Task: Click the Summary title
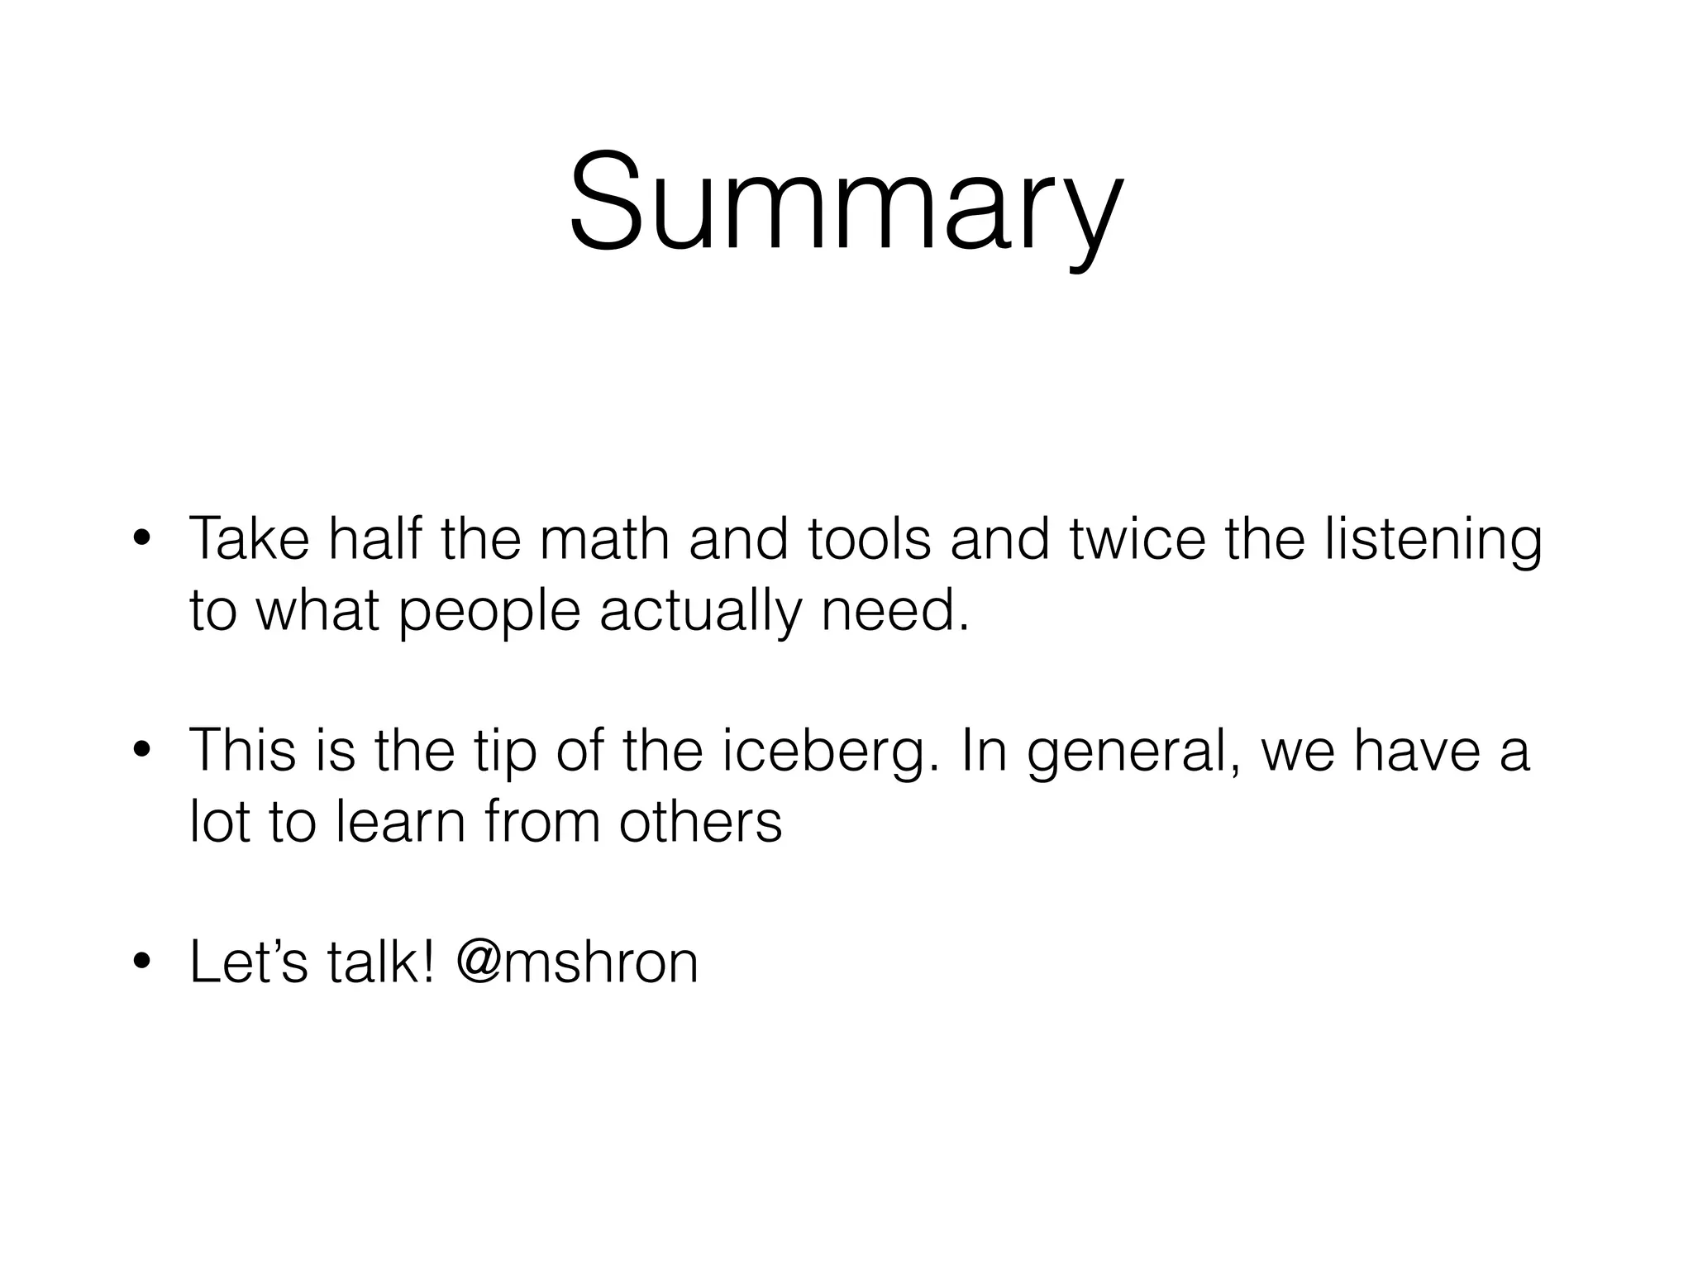[x=846, y=203]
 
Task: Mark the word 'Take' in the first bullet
[x=249, y=539]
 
